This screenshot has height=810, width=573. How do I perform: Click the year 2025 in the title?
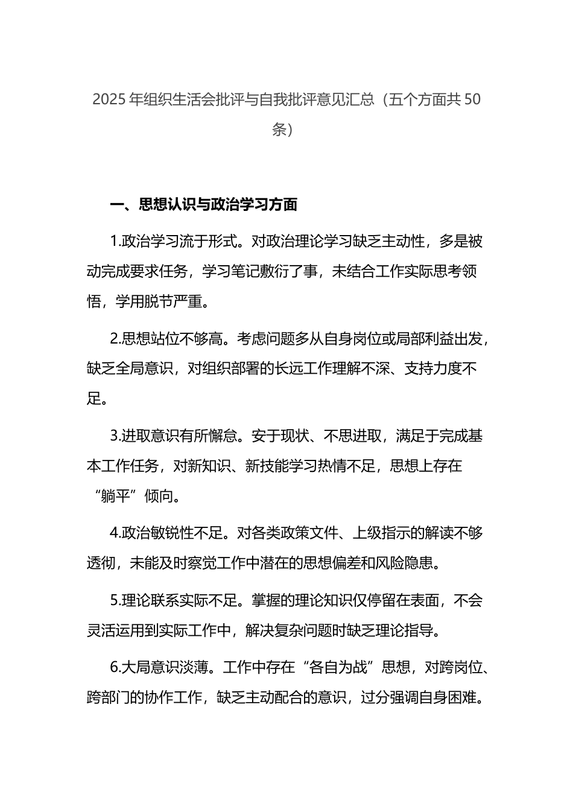tap(109, 99)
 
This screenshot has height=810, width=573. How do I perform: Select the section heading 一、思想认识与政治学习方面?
tap(204, 205)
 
